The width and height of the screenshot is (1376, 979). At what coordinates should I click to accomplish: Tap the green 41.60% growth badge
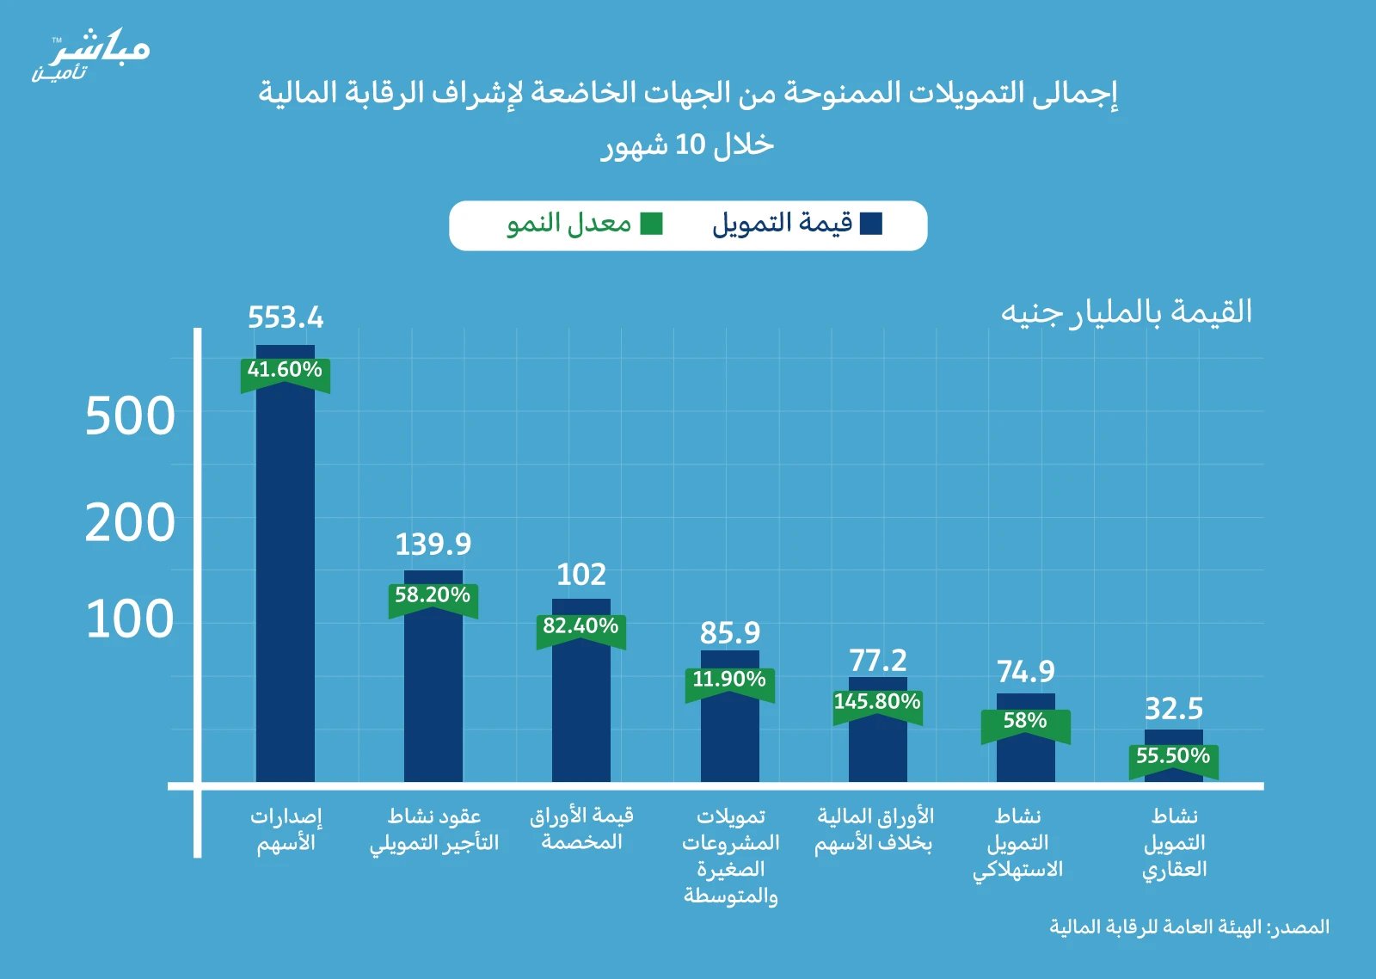click(285, 371)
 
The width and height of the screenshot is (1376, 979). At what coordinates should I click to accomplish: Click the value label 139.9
click(433, 545)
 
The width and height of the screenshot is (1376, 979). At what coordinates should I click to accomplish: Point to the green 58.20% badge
click(433, 596)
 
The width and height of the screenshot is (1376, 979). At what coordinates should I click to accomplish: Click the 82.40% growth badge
click(580, 626)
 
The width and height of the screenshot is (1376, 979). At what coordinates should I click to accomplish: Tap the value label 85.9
click(730, 633)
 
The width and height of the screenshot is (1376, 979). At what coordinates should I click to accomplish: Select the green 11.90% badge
click(729, 680)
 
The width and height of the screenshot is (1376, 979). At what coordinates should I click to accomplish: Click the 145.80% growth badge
click(877, 702)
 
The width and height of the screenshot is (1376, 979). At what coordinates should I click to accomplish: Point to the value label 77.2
click(878, 661)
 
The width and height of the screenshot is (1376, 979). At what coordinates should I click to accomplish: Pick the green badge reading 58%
click(1025, 721)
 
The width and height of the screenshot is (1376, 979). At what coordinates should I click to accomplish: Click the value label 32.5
click(1174, 710)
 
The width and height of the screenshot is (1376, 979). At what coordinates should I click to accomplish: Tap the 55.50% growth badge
click(1173, 757)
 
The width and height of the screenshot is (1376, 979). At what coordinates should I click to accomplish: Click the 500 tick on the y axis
click(130, 417)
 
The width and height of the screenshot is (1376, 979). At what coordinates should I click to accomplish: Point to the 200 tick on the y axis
click(130, 523)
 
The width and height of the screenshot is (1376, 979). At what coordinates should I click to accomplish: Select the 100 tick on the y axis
click(130, 619)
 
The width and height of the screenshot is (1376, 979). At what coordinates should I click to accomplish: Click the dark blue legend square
click(871, 224)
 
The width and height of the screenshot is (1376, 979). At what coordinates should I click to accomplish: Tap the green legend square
click(652, 224)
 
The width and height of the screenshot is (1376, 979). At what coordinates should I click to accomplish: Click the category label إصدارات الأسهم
click(286, 829)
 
